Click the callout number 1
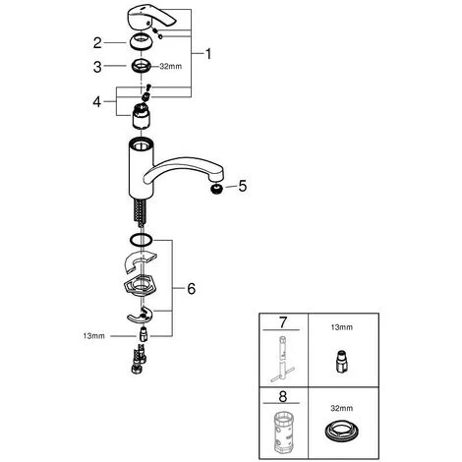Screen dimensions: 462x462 pyautogui.click(x=208, y=54)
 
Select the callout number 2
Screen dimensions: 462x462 pyautogui.click(x=97, y=43)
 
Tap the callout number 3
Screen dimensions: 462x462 pyautogui.click(x=97, y=67)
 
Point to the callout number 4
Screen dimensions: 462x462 pyautogui.click(x=97, y=102)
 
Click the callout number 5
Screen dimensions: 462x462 pyautogui.click(x=242, y=186)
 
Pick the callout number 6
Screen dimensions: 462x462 pyautogui.click(x=191, y=289)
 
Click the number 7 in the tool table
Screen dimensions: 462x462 pyautogui.click(x=283, y=322)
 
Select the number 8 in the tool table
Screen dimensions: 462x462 pyautogui.click(x=283, y=396)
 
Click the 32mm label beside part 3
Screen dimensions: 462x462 pyautogui.click(x=171, y=67)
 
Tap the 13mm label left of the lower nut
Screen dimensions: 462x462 pyautogui.click(x=94, y=336)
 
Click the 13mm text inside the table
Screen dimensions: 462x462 pyautogui.click(x=342, y=327)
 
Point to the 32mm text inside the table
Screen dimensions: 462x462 pyautogui.click(x=342, y=408)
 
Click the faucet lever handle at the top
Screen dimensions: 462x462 pyautogui.click(x=151, y=19)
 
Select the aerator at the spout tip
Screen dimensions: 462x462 pyautogui.click(x=216, y=189)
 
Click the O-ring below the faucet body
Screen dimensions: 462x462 pyautogui.click(x=142, y=240)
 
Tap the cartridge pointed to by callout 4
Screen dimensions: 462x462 pyautogui.click(x=142, y=115)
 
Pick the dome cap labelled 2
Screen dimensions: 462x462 pyautogui.click(x=142, y=42)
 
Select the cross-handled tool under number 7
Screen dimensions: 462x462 pyautogui.click(x=282, y=360)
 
